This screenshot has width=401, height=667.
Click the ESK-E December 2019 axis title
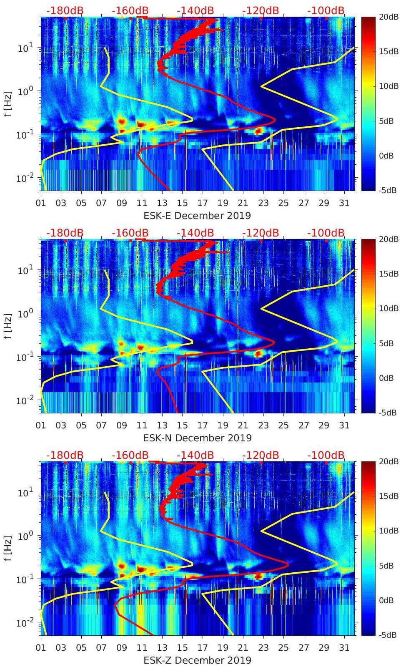pos(197,216)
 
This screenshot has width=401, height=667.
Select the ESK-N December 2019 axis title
pos(197,438)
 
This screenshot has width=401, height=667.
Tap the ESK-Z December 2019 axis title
pos(197,660)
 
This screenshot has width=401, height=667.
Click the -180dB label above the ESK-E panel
pos(65,10)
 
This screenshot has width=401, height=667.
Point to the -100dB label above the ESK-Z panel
pos(326,455)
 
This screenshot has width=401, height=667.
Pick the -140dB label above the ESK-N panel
pos(195,233)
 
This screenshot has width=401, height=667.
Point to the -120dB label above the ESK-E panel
pos(261,10)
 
